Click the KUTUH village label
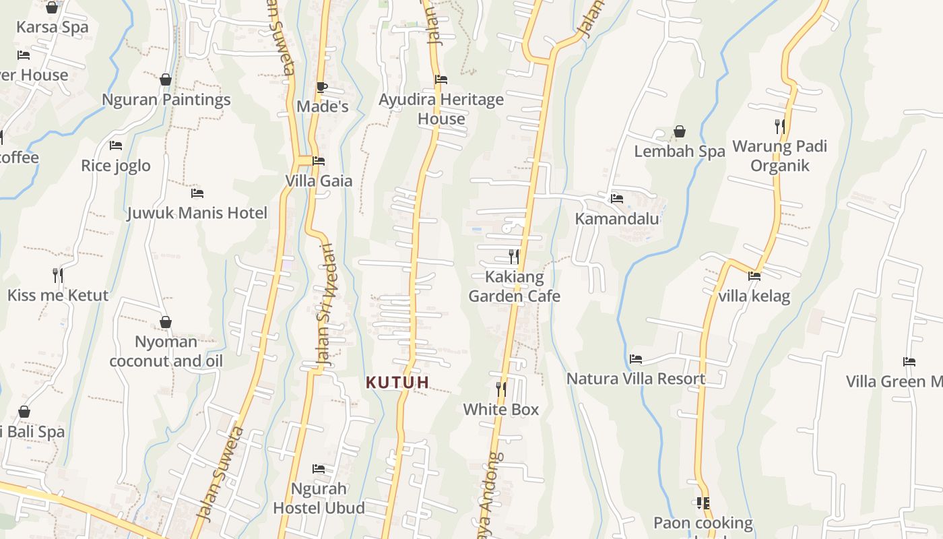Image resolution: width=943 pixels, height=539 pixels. click(x=397, y=383)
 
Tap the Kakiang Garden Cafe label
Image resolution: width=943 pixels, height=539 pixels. click(x=514, y=286)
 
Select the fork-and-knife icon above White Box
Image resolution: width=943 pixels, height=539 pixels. click(x=501, y=389)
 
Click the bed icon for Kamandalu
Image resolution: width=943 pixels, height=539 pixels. click(x=616, y=199)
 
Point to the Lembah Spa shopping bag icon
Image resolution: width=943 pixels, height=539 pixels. click(x=680, y=131)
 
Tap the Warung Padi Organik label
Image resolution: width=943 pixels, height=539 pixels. click(x=779, y=156)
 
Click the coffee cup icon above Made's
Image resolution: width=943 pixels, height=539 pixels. click(x=322, y=87)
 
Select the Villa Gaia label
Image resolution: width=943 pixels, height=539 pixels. click(x=319, y=181)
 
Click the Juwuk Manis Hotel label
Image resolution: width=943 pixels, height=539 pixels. click(x=197, y=213)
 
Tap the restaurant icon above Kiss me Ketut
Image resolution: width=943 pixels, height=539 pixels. click(x=58, y=275)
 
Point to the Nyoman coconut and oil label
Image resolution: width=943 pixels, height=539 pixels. click(x=166, y=351)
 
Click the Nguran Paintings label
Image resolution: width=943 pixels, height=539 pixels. click(x=166, y=100)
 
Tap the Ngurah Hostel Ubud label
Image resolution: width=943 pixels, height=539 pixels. click(x=319, y=498)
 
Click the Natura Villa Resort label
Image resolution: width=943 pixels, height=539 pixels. click(x=635, y=379)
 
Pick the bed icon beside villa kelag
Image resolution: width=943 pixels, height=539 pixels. click(x=754, y=276)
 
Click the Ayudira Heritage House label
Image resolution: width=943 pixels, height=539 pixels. click(x=441, y=109)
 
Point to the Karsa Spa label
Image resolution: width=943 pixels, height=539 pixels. click(x=52, y=27)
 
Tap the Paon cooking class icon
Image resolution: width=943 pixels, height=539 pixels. click(x=703, y=503)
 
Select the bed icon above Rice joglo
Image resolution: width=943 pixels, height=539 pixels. click(x=116, y=146)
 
